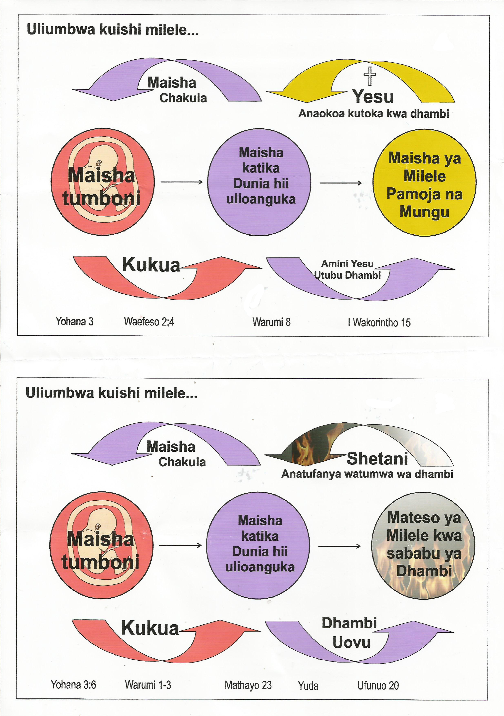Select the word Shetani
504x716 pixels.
[x=377, y=458]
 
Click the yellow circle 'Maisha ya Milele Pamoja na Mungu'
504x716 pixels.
[x=424, y=183]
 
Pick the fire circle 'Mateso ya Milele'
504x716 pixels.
[x=423, y=546]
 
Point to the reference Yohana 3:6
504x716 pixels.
[x=73, y=685]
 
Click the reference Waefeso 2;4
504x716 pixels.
[x=149, y=321]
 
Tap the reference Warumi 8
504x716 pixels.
[x=271, y=322]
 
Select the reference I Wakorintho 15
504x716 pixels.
[x=379, y=322]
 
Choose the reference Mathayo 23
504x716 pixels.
[x=248, y=685]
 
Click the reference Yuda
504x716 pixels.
[x=308, y=686]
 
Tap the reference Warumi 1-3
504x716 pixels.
[x=148, y=685]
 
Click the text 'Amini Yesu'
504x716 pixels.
[x=347, y=264]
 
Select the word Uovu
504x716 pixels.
[x=351, y=642]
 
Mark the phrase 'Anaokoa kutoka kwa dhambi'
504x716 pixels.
[x=374, y=114]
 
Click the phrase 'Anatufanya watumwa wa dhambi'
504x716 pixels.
[x=367, y=474]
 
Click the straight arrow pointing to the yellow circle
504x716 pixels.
[x=341, y=183]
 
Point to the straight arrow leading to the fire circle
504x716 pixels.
[x=339, y=546]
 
